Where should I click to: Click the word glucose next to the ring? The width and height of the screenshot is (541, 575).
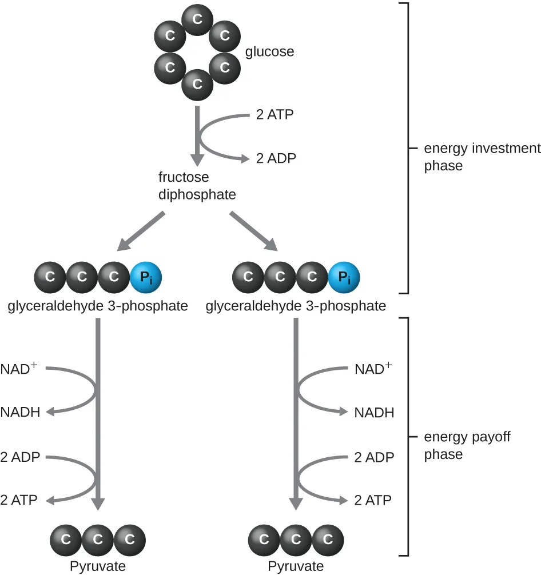(x=269, y=52)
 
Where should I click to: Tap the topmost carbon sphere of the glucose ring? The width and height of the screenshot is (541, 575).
(x=197, y=19)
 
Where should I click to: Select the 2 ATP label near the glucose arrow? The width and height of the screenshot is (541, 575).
(x=275, y=114)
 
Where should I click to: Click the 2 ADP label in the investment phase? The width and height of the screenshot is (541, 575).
(x=276, y=158)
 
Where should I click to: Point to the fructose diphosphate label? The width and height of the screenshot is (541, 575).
(x=197, y=186)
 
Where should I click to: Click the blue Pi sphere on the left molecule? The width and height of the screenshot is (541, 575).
(x=146, y=277)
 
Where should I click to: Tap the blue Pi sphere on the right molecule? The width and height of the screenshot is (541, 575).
(x=344, y=277)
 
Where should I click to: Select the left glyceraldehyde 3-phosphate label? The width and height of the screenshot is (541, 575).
(x=98, y=306)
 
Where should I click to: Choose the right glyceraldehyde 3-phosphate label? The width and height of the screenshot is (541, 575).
(x=296, y=306)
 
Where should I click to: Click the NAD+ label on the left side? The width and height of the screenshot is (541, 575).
(x=19, y=368)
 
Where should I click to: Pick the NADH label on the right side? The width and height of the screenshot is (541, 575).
(x=374, y=412)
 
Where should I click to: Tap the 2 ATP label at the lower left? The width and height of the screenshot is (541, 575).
(x=19, y=500)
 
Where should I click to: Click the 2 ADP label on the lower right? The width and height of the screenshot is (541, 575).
(x=374, y=457)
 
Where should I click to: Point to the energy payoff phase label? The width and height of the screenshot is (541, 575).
(x=467, y=446)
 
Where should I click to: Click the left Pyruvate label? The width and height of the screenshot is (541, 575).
(x=97, y=566)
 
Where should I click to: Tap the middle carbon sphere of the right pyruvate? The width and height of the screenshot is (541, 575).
(x=296, y=539)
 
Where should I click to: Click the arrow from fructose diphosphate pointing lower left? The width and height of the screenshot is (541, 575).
(x=141, y=231)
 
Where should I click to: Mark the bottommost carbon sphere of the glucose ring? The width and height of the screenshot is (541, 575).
(x=197, y=85)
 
